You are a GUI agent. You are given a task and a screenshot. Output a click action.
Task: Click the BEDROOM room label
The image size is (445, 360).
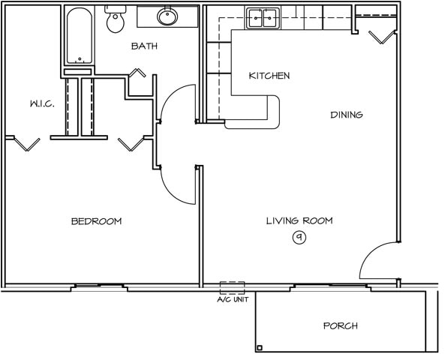point(97,221)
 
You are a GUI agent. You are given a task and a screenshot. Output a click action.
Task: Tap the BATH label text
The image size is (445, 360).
point(144,46)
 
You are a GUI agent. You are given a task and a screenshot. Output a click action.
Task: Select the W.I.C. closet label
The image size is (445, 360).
point(42,103)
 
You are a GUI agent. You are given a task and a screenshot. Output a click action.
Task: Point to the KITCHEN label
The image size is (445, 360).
point(269,76)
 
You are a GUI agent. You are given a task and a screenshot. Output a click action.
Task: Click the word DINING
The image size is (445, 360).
point(347,115)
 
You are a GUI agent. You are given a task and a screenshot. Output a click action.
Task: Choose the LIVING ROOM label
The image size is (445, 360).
point(299,220)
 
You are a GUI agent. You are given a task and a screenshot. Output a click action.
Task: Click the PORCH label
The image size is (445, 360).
point(341,325)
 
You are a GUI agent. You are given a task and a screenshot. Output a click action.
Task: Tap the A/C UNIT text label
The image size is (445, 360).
point(233,299)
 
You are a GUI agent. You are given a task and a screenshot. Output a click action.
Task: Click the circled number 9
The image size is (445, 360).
point(299,237)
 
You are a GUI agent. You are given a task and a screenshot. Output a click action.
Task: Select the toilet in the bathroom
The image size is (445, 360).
point(116,19)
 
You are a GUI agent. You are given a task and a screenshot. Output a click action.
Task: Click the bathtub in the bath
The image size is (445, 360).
point(80,35)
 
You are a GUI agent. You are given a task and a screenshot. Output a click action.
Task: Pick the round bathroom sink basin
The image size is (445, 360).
point(167,16)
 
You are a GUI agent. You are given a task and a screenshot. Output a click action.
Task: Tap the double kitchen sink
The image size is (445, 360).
point(263,19)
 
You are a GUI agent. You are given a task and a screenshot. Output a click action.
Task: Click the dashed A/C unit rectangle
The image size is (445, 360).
point(233,288)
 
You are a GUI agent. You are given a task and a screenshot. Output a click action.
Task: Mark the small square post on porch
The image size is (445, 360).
point(260,348)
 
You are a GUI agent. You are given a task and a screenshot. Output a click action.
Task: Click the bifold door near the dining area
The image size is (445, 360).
point(383,37)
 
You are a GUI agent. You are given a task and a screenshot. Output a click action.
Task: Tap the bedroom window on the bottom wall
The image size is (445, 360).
point(99,286)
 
